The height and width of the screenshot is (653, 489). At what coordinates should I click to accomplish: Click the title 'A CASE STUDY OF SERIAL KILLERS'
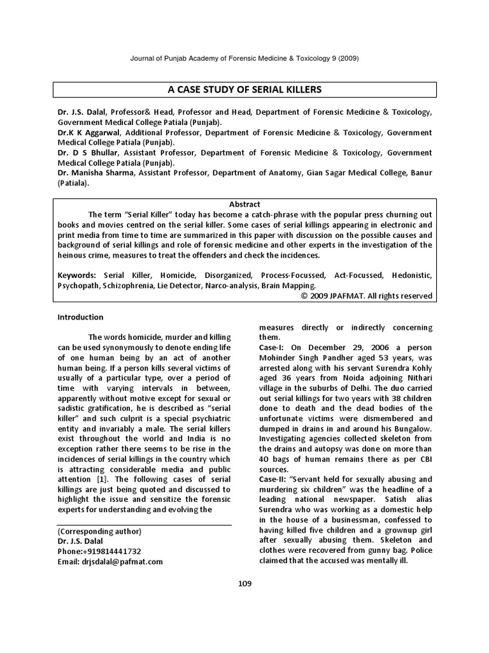click(x=244, y=90)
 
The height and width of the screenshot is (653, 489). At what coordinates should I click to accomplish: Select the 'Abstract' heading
click(x=244, y=204)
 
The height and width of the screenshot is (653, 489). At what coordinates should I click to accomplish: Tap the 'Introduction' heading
click(x=80, y=317)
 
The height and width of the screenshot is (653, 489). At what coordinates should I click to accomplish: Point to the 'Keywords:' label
click(x=77, y=275)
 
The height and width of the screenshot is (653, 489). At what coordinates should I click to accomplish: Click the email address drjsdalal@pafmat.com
click(x=110, y=562)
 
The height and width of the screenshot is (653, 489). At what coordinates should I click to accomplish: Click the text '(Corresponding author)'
click(x=99, y=531)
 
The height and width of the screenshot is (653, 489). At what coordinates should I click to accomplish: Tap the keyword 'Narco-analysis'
click(x=232, y=286)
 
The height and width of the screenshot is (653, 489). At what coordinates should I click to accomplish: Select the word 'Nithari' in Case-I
click(x=416, y=378)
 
